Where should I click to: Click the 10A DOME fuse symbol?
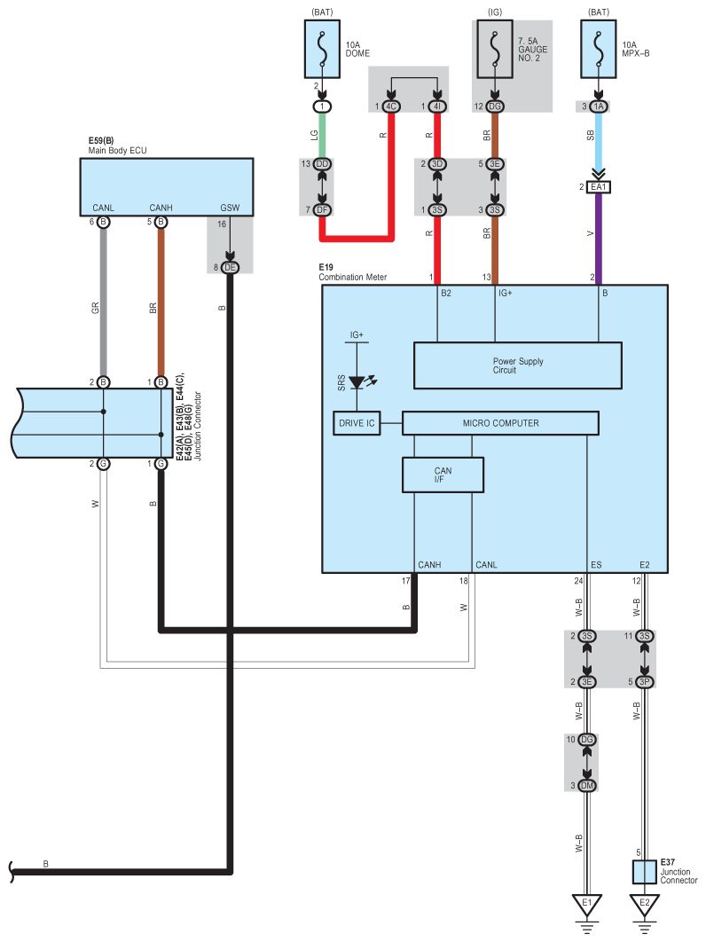[322, 50]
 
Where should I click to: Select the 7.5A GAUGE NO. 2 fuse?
[495, 50]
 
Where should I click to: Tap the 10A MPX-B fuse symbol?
[599, 50]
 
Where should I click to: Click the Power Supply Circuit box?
[518, 365]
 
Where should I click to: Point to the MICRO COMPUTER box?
[500, 423]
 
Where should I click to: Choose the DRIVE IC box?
[357, 423]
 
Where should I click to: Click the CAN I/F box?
[443, 475]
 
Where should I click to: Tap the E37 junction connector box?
[644, 872]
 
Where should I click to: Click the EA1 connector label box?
[599, 187]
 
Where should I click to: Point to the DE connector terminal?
[230, 267]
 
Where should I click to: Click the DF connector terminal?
[322, 209]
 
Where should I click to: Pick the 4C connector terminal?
[391, 106]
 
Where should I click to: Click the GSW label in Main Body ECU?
[230, 208]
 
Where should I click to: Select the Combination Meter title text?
[353, 277]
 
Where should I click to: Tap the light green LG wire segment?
[322, 135]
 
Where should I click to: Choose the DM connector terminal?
[587, 785]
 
